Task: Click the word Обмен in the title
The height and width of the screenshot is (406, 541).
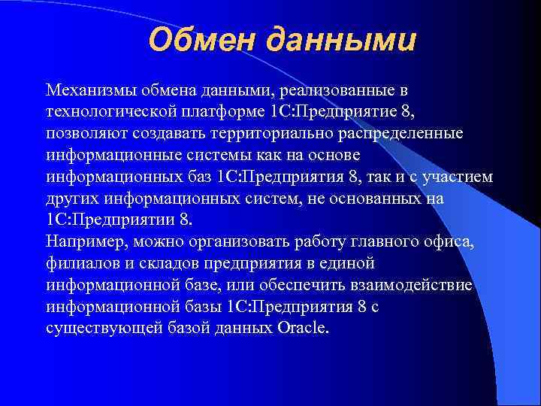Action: (x=198, y=40)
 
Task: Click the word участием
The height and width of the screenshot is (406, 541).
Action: (x=461, y=177)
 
